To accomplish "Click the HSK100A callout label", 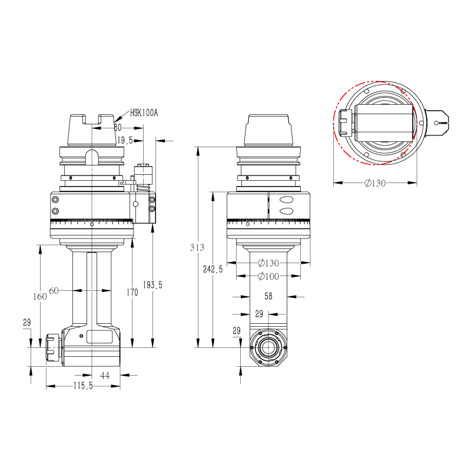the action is [x=144, y=113].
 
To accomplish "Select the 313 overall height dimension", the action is [x=197, y=247].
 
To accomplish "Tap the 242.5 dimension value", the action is [x=213, y=269].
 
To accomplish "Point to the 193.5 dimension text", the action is [x=152, y=285].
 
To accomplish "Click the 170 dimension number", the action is [x=132, y=292].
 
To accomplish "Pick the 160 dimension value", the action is [x=40, y=297].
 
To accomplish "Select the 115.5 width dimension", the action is [x=83, y=386].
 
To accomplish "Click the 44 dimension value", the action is [x=105, y=376].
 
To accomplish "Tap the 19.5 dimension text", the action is [x=125, y=140].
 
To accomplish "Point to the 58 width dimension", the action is [x=268, y=297].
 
